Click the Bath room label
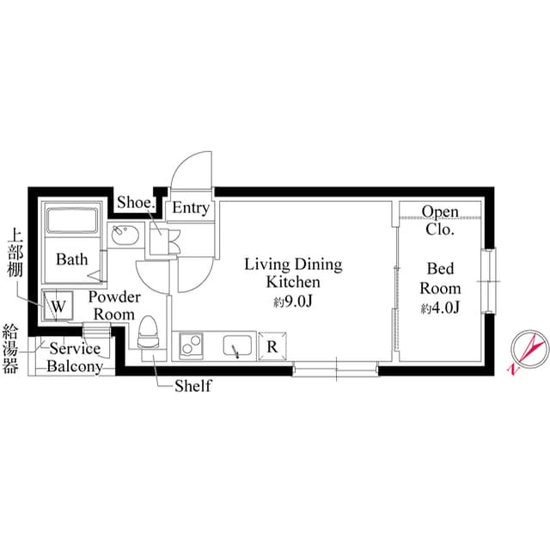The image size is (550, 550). point(71,259)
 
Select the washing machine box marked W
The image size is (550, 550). point(57,305)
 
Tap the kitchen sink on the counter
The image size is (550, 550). point(235,346)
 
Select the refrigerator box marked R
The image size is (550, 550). point(272,346)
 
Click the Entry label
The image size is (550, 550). point(190,208)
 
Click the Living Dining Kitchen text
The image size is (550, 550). point(293,272)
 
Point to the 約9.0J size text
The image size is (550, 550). point(293,302)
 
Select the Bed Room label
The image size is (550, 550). point(441,279)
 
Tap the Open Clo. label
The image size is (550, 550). point(441,220)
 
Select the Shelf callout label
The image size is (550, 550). point(192,386)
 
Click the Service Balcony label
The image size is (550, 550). point(75,357)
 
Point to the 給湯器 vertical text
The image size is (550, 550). point(11,350)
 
